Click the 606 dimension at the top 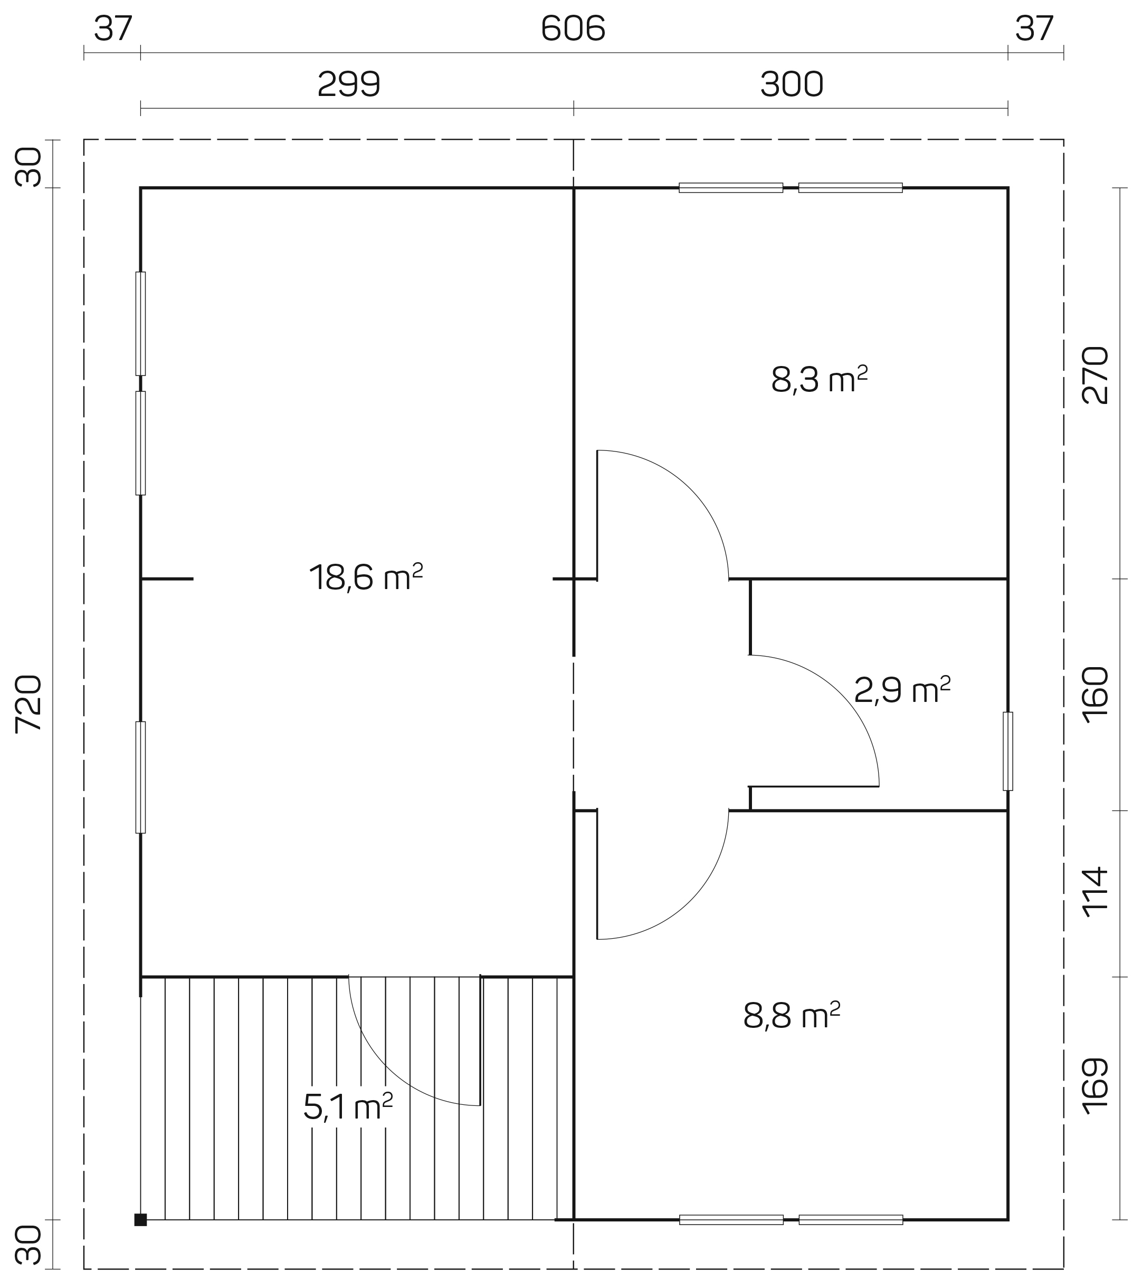(x=573, y=29)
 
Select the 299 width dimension (x=349, y=84)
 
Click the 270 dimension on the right (x=1096, y=375)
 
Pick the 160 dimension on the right (x=1096, y=695)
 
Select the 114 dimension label (x=1096, y=892)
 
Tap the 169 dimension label (x=1096, y=1086)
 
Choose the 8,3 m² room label (x=820, y=379)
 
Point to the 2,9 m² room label (x=902, y=690)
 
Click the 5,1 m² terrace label (x=348, y=1107)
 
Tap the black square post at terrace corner (x=140, y=1220)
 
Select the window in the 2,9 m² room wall (x=1007, y=751)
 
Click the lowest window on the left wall (x=140, y=777)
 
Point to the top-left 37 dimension (x=113, y=29)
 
